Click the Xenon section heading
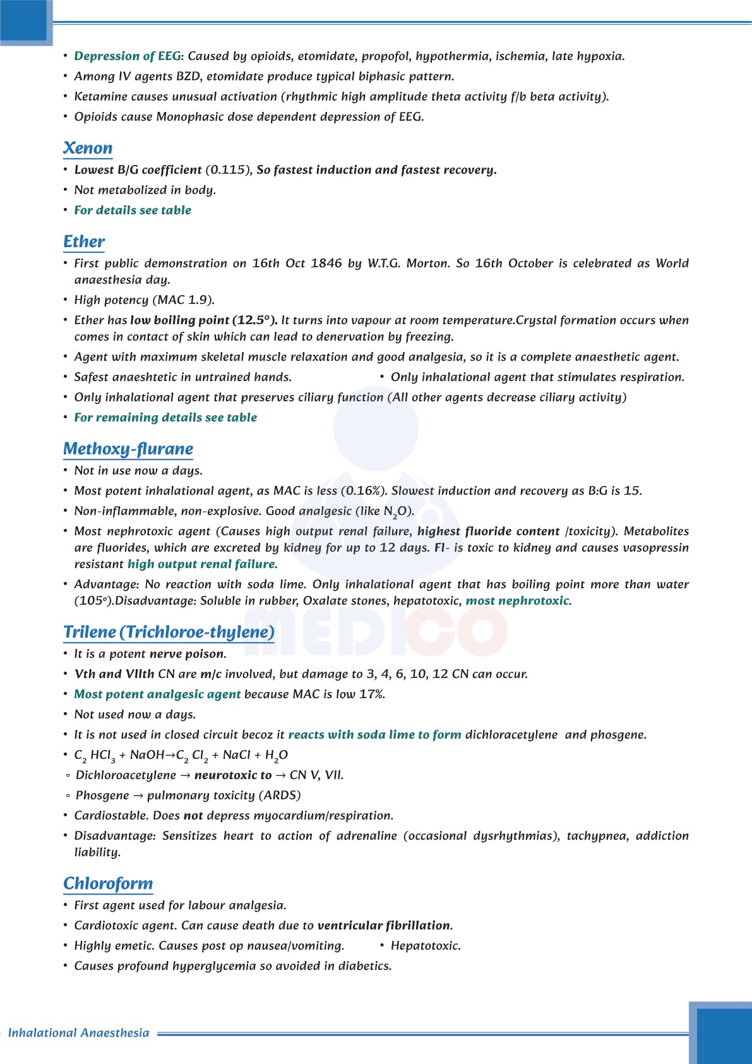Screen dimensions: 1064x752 point(88,148)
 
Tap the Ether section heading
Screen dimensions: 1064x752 point(84,242)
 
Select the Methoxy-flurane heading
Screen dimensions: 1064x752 point(128,449)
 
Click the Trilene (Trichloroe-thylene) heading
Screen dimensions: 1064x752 point(169,632)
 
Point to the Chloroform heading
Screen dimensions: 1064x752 point(108,884)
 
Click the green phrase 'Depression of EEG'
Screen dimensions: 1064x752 point(128,56)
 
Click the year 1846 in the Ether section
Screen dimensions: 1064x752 point(326,263)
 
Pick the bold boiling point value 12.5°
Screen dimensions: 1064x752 point(254,320)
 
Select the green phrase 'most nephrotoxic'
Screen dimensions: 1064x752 point(517,601)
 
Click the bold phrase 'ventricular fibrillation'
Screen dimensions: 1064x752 point(384,926)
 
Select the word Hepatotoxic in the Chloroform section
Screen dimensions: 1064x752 point(426,946)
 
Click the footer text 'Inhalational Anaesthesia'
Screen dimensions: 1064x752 point(79,1033)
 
